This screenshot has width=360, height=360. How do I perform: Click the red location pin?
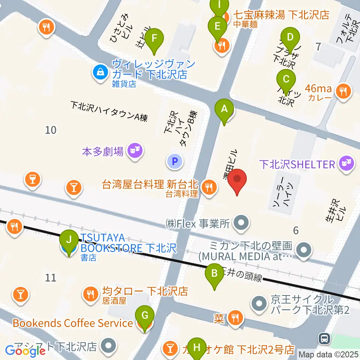237,181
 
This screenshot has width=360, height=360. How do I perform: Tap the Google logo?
25,351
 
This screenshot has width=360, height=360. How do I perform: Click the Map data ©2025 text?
328,354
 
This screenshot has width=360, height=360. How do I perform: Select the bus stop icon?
323,339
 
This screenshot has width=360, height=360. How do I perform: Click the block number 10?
51,130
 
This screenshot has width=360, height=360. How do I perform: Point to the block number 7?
318,47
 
